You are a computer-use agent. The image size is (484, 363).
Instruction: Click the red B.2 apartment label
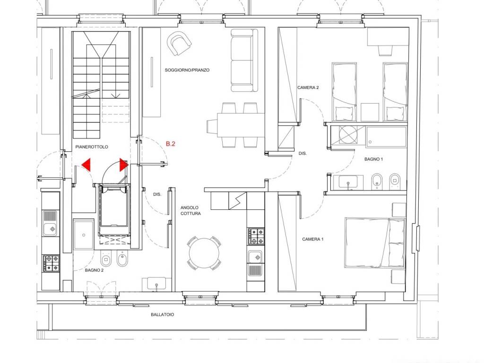(x=170, y=144)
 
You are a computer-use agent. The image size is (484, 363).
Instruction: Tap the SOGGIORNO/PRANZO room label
(x=187, y=70)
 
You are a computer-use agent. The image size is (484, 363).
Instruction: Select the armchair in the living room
(x=179, y=43)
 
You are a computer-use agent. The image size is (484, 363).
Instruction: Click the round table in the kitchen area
(x=204, y=253)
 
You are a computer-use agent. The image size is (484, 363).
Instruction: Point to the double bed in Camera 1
(x=375, y=242)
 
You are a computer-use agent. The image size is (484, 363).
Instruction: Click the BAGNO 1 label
(x=373, y=159)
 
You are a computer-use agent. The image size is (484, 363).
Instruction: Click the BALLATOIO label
(x=163, y=314)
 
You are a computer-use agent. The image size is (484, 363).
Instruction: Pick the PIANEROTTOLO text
(x=92, y=147)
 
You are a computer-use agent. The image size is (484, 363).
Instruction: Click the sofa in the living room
(x=244, y=60)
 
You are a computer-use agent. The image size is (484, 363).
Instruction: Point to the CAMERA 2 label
(x=308, y=87)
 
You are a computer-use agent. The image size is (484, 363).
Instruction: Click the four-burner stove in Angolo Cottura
(x=256, y=236)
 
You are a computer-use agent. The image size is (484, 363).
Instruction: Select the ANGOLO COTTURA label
(x=191, y=210)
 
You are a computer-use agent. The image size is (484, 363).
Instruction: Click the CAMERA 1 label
(x=313, y=239)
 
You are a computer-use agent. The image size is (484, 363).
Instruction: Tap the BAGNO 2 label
(x=94, y=270)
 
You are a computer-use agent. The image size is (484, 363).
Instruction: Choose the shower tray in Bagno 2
(x=84, y=234)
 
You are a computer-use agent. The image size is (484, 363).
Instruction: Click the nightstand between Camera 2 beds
(x=370, y=112)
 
